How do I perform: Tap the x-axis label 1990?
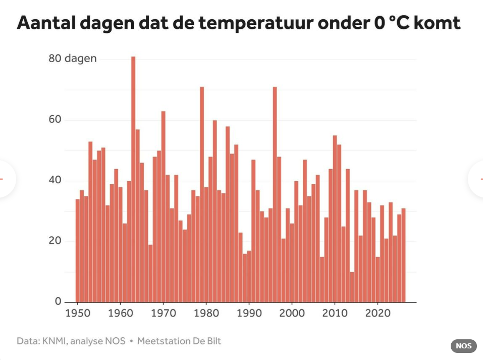click(249, 313)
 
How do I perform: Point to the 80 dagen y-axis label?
click(72, 59)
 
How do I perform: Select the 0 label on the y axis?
click(58, 301)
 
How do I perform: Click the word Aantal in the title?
click(45, 23)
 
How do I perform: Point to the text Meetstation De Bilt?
click(179, 341)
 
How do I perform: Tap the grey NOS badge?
click(463, 346)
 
